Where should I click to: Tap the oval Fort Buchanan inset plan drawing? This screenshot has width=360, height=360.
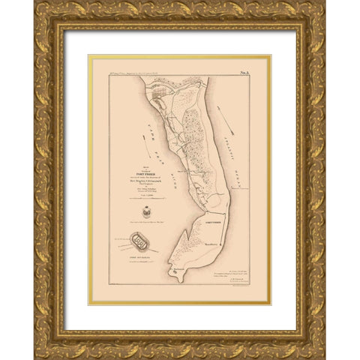141,241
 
